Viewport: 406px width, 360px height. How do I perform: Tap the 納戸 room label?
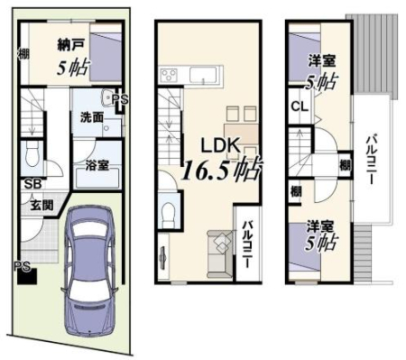(69, 45)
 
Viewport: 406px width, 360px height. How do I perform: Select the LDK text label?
(220, 145)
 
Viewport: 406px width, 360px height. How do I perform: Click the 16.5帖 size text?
(222, 170)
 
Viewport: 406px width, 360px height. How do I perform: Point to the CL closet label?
(300, 106)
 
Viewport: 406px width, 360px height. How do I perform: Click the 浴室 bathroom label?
(97, 165)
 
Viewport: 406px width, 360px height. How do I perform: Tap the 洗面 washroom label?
(91, 117)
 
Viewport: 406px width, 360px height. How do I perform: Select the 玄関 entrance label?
(42, 205)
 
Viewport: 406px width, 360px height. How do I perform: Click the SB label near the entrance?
(32, 184)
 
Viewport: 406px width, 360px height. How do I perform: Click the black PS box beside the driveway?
(27, 276)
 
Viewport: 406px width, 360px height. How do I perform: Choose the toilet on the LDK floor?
(169, 214)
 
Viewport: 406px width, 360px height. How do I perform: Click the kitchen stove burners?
(169, 74)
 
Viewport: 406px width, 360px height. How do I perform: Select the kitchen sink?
(203, 75)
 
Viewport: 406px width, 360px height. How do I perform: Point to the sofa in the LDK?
(220, 254)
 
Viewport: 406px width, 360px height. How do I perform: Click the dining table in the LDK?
(242, 134)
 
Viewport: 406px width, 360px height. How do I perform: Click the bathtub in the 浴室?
(97, 179)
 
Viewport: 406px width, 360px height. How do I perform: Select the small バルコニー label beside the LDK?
(247, 245)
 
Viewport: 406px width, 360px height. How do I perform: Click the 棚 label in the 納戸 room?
(23, 54)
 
